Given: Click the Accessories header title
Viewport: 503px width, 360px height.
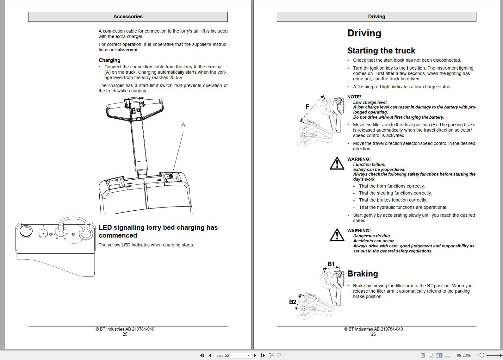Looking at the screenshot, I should pos(128,17).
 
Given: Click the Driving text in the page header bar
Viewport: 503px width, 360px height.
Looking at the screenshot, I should pos(376,17).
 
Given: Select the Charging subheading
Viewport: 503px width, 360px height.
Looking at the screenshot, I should pos(109,60).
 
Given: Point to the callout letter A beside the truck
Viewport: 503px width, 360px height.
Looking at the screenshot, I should pos(183,125).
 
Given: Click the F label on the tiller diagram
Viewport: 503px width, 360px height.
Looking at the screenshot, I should pos(307,107).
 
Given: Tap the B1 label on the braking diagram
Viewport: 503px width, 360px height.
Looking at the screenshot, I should pos(331,264).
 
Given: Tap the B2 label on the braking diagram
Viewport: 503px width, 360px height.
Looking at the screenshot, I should pos(293,302).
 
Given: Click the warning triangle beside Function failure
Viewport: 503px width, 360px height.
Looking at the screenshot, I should pos(337,164).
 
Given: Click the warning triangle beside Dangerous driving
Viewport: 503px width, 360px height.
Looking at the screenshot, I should pos(337,235).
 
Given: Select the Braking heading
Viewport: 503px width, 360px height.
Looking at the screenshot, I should pos(363,274).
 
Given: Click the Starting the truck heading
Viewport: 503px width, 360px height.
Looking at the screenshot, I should pos(381,51).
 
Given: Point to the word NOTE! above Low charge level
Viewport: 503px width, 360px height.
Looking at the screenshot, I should pos(354,97).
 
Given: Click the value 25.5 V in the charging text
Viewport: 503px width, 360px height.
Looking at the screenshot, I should pos(176,78).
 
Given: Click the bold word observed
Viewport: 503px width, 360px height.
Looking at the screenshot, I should pos(128,50).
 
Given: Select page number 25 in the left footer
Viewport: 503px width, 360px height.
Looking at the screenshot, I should pos(125,334).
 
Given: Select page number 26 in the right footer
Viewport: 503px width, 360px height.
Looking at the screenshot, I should pos(373,334).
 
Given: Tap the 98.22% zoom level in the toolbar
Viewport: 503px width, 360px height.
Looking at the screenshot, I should pos(464,356).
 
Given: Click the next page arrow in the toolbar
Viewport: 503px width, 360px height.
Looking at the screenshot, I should pos(255,356).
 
